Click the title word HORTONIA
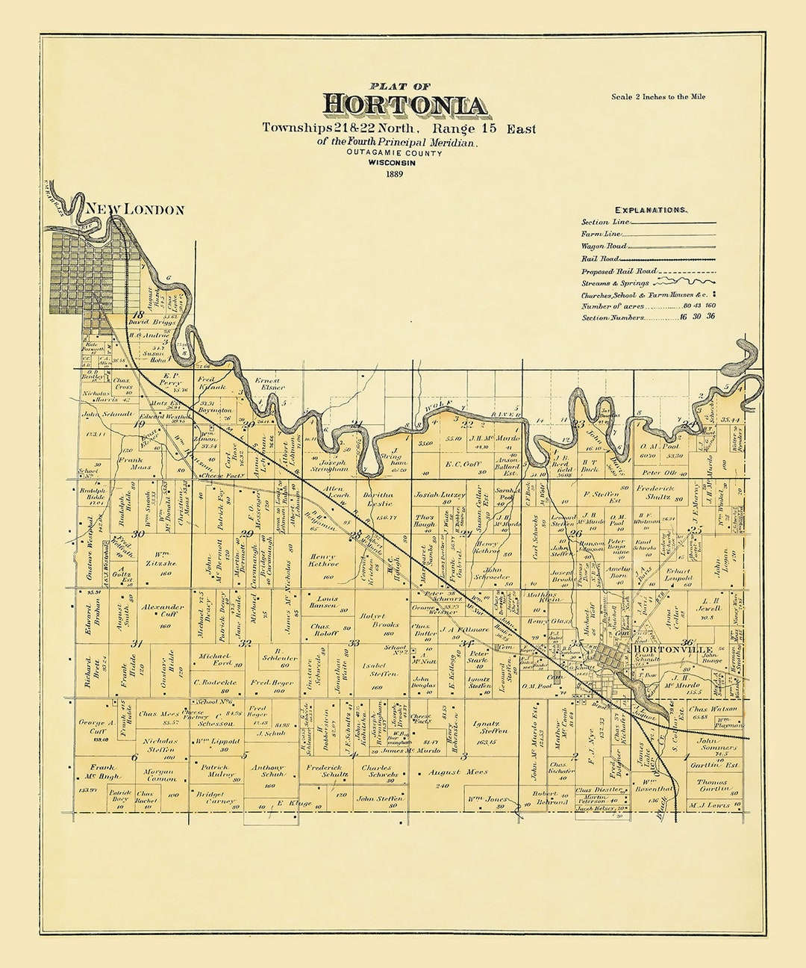[x=405, y=105]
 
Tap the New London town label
[x=135, y=210]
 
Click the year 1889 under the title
[x=396, y=174]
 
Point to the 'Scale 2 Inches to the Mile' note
[x=657, y=97]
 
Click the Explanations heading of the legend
[x=650, y=211]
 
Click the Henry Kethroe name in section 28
[x=323, y=560]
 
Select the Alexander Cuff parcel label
[x=163, y=611]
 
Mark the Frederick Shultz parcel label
[x=655, y=492]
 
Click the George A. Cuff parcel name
[x=96, y=727]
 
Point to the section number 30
[x=138, y=534]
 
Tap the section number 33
[x=354, y=642]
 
